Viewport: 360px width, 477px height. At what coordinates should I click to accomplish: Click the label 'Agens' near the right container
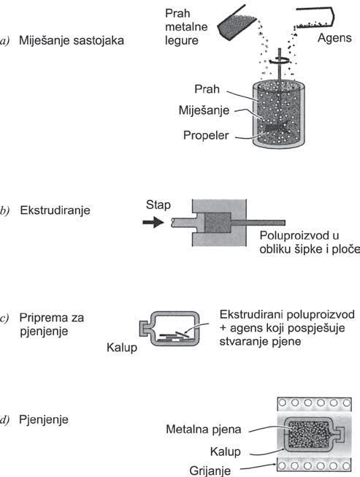334,38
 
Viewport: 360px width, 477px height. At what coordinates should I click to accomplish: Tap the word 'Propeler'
206,135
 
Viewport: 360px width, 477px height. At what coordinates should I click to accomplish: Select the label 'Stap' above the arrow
158,205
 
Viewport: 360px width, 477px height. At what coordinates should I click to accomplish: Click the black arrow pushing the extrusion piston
153,222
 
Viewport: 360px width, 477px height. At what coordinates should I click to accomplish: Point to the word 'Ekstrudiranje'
55,210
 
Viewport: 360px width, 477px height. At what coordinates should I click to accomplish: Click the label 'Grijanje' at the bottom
210,470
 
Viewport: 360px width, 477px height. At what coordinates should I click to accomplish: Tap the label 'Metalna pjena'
204,430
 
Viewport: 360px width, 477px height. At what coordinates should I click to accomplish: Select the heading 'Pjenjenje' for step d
44,419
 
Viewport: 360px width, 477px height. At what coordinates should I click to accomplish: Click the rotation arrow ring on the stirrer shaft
279,61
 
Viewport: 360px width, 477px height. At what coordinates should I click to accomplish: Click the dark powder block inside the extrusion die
218,223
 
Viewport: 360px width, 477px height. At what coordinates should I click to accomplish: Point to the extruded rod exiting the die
258,223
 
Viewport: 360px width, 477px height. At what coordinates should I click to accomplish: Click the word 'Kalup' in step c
122,348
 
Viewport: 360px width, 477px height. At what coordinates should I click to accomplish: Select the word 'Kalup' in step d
226,451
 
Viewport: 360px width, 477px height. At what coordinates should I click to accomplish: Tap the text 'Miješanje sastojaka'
72,40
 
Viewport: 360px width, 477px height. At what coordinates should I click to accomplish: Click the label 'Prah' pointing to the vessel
207,89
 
